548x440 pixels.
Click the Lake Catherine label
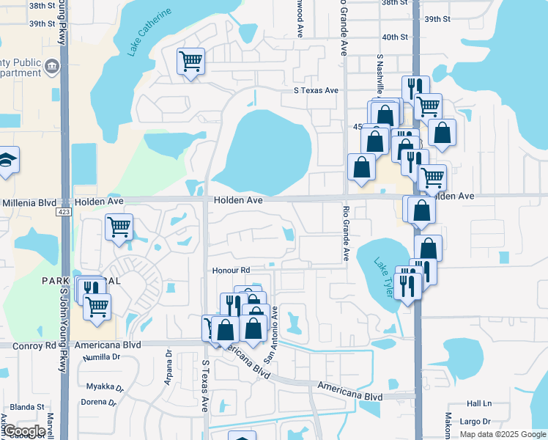click(x=149, y=32)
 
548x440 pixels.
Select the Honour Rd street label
click(x=231, y=271)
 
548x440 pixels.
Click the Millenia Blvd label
click(x=29, y=202)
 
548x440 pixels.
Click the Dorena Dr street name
click(x=98, y=402)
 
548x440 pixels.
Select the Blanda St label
click(x=27, y=407)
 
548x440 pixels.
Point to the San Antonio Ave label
click(x=272, y=334)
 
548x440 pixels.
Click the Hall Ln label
click(x=479, y=404)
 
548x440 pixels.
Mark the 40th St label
click(x=394, y=37)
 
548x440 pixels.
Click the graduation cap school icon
click(x=6, y=161)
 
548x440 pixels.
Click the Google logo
click(x=24, y=431)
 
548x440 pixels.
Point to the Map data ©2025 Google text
click(x=502, y=434)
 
